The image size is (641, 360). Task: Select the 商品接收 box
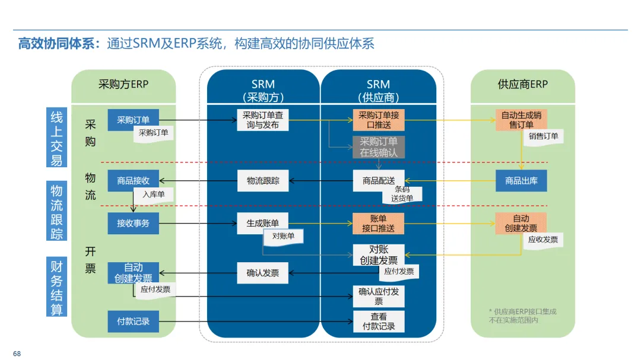tap(133, 180)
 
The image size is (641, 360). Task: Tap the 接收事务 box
tap(133, 224)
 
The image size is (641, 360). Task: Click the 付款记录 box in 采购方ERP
tap(133, 321)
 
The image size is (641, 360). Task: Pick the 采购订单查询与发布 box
tap(263, 120)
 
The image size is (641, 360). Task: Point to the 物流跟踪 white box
tap(263, 180)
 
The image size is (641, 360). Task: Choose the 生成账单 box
tap(263, 224)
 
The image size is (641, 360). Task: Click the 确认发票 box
tap(263, 273)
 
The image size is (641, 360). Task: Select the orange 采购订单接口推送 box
tap(379, 120)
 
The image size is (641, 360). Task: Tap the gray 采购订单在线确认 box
tap(379, 147)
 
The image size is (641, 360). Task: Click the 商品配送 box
tap(379, 180)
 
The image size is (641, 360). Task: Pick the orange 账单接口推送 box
tap(379, 224)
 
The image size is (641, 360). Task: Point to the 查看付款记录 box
tap(379, 321)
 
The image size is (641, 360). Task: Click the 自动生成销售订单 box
tap(521, 120)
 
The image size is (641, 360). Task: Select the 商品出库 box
tap(521, 180)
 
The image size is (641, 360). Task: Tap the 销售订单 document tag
tap(543, 136)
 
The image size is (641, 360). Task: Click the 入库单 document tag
tap(153, 194)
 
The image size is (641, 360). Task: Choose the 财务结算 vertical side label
tap(57, 287)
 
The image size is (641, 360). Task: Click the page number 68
tap(17, 353)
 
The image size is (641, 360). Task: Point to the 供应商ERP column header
tap(522, 84)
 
